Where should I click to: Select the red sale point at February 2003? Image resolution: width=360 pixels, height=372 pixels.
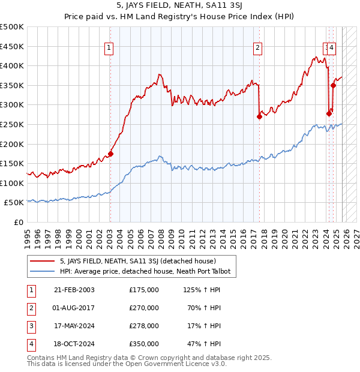pos(110,154)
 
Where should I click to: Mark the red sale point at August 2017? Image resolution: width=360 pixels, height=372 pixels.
pos(259,116)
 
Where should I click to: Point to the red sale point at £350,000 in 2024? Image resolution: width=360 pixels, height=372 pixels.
pos(333,85)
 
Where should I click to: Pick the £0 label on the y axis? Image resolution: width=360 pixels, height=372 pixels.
pos(18,222)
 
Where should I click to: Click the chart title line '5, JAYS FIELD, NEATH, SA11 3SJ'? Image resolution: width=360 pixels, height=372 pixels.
pos(179,7)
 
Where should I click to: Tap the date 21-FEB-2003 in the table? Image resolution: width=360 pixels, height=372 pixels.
pos(74,290)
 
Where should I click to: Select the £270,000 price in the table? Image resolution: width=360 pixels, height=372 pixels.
pos(144,308)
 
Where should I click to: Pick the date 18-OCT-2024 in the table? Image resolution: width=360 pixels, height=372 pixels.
pos(74,344)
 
